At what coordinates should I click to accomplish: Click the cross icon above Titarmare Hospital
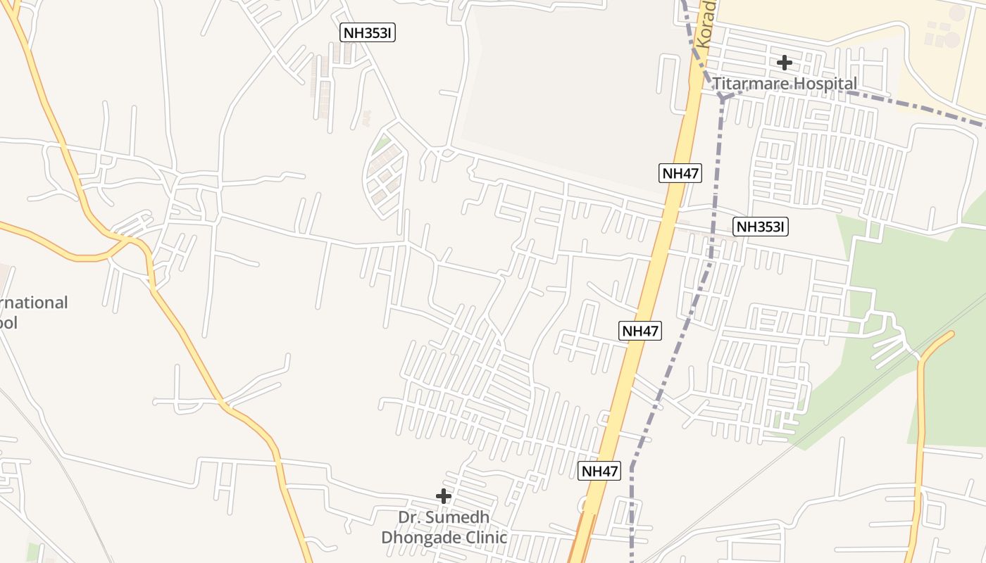tap(784, 63)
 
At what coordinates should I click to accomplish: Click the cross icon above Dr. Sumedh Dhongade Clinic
tap(443, 496)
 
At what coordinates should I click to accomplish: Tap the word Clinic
tap(485, 538)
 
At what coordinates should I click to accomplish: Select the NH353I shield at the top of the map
tap(367, 32)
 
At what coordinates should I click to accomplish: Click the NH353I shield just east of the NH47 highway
tap(760, 227)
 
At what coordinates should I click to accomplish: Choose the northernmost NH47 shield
tap(680, 173)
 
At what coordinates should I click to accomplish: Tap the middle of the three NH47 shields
tap(641, 331)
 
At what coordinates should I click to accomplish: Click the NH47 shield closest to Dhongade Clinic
tap(600, 472)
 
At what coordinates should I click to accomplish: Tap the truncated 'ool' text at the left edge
tap(8, 323)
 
